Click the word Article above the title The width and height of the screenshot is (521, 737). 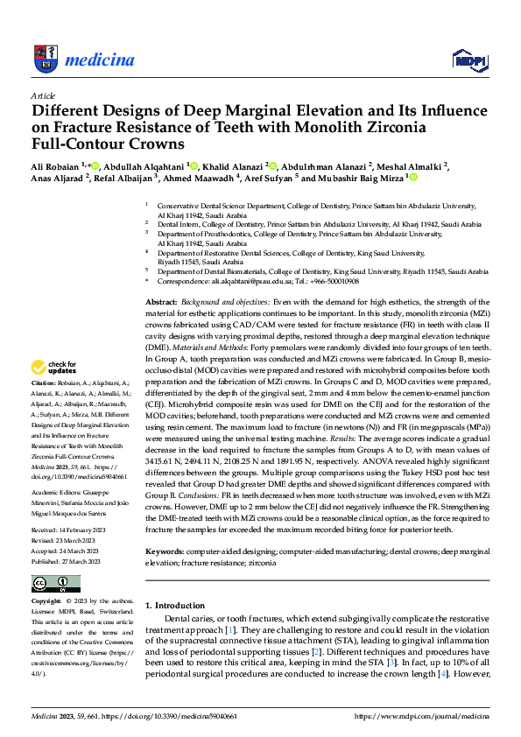tap(43, 95)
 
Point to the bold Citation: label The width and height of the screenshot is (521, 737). tap(44, 409)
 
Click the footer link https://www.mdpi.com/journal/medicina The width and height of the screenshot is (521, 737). tap(421, 716)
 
